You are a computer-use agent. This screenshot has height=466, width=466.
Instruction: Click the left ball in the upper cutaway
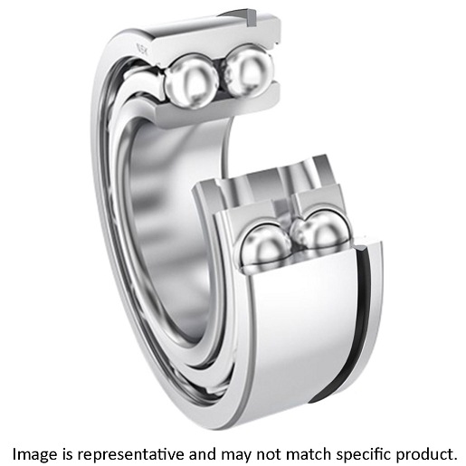point(190,80)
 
